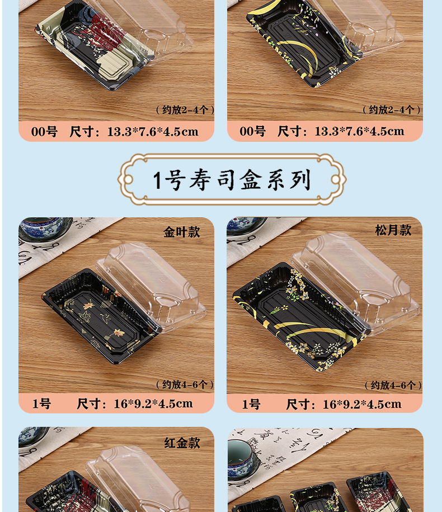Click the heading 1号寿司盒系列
232,180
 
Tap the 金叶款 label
181,232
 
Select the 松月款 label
393,230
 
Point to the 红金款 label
182,443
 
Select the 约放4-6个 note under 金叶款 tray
185,384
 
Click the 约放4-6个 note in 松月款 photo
393,385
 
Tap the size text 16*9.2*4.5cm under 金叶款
153,403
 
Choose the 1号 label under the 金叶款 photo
41,403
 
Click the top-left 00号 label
44,132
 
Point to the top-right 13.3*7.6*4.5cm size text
359,132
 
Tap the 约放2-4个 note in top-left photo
185,110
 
